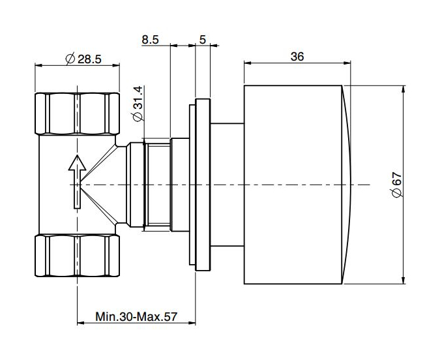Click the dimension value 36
tap(297, 56)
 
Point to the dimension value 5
tap(203, 39)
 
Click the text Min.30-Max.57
tap(136, 317)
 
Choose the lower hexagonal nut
tap(78, 258)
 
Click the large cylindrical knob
tap(293, 185)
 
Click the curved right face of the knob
tap(348, 185)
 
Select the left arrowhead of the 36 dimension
tap(247, 63)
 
